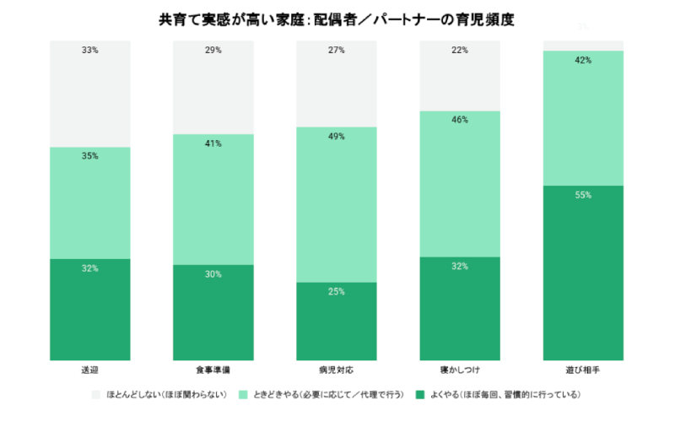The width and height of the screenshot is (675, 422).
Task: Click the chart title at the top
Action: click(x=337, y=18)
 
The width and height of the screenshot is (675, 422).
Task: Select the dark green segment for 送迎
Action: click(x=90, y=309)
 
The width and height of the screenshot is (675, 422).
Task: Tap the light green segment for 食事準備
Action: click(x=213, y=199)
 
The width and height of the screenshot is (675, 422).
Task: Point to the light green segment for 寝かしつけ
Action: click(x=460, y=183)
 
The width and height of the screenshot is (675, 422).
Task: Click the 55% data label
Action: click(x=583, y=195)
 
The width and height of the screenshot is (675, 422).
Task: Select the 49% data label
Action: click(x=337, y=136)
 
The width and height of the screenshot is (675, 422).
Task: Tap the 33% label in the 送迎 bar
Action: click(x=90, y=51)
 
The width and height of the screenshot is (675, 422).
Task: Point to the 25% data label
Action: click(x=337, y=290)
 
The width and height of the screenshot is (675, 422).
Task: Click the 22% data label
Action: click(x=460, y=51)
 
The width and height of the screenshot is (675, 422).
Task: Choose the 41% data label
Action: click(x=213, y=143)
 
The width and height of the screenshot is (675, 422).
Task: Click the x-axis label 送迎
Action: click(x=90, y=371)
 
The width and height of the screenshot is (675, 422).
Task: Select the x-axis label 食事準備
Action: click(x=213, y=371)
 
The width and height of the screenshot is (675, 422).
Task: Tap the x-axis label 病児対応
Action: click(x=337, y=371)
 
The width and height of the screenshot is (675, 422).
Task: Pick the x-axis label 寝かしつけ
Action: click(x=460, y=371)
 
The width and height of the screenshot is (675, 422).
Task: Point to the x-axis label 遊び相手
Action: click(x=583, y=371)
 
